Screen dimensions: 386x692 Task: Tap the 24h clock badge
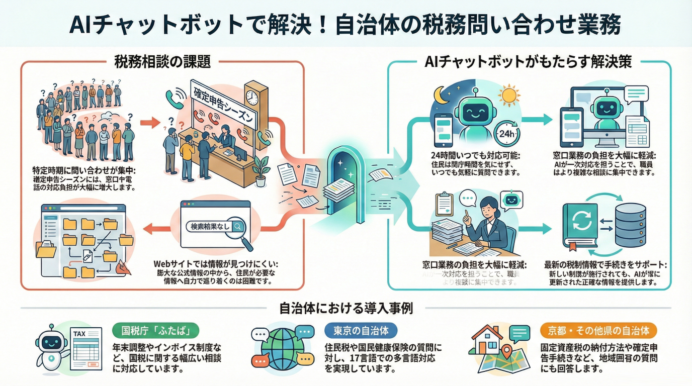[x=508, y=133]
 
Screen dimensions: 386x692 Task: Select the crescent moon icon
[x=441, y=96]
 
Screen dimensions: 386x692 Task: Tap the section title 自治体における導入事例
[x=346, y=308]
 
